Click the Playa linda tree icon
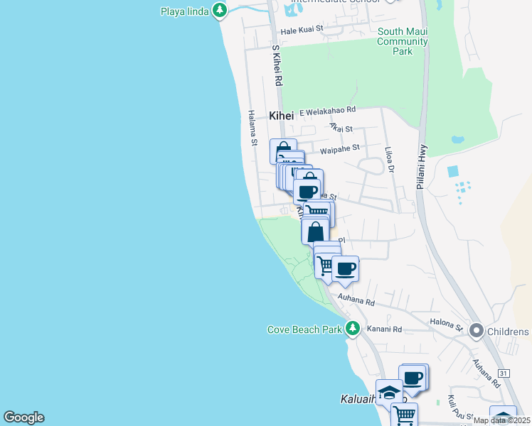(220, 10)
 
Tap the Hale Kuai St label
(302, 30)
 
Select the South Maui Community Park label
(403, 41)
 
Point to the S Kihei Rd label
(277, 66)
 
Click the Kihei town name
(281, 116)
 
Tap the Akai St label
(341, 128)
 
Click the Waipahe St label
(340, 148)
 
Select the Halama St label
(252, 128)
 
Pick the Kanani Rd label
(384, 329)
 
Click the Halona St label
(446, 324)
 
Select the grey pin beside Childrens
(476, 331)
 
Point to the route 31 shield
(504, 373)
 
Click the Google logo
(23, 417)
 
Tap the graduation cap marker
(389, 392)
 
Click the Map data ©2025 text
(502, 420)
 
